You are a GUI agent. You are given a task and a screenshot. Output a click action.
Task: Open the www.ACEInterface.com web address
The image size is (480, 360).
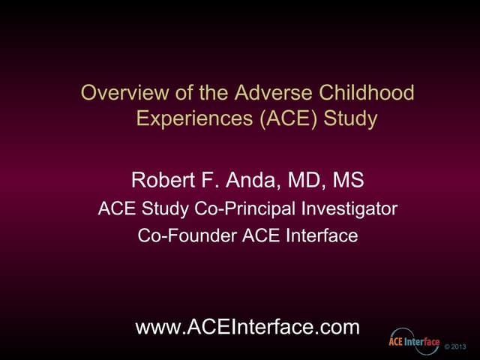point(247,327)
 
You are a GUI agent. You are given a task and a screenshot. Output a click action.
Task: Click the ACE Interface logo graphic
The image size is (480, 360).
point(413,342)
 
